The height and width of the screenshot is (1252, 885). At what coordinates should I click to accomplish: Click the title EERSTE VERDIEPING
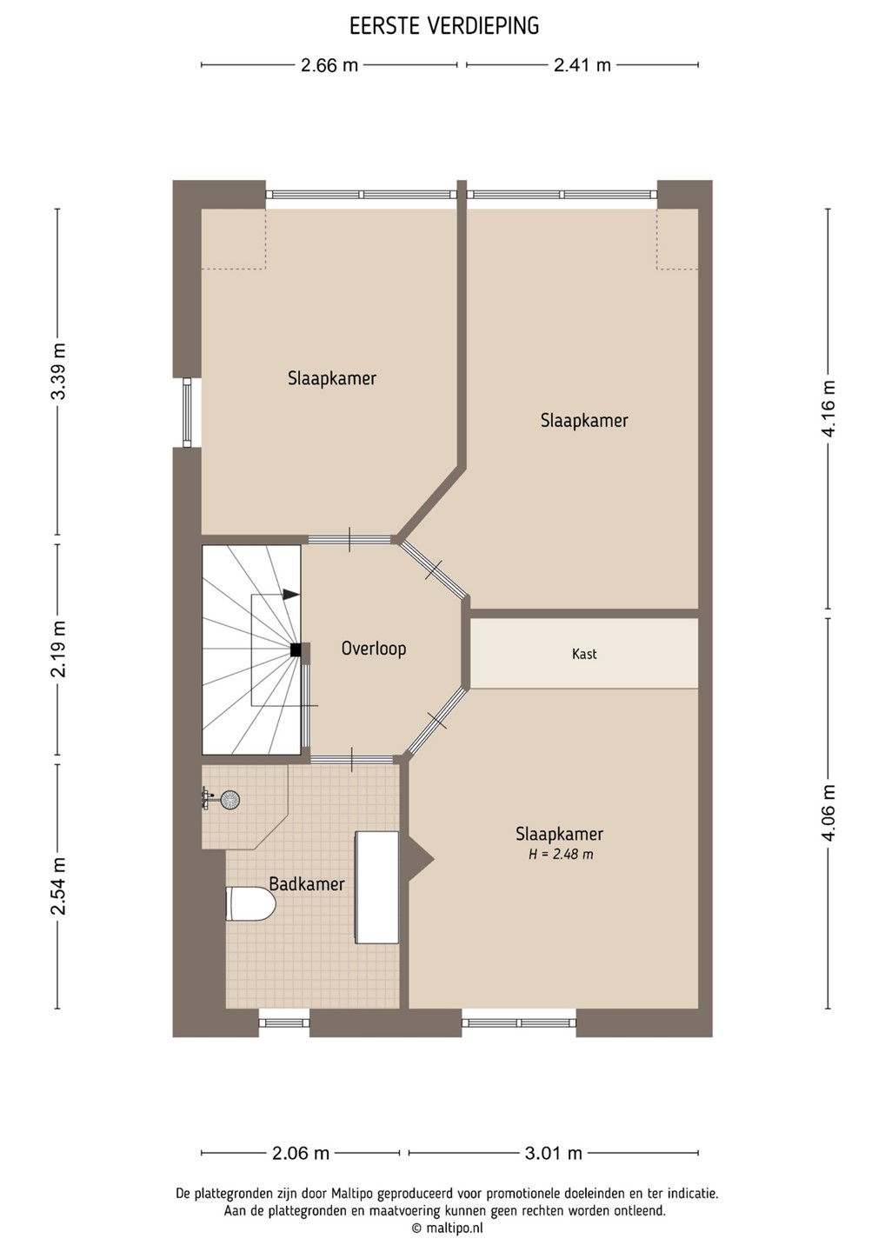(x=444, y=26)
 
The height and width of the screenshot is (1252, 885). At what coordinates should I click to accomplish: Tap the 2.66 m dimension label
(x=329, y=65)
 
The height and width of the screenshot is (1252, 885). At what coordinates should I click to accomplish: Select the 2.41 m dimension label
(x=582, y=65)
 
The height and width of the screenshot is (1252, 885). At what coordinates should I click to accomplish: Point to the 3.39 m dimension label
(x=58, y=371)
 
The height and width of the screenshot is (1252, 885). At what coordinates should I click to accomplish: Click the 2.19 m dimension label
(x=58, y=649)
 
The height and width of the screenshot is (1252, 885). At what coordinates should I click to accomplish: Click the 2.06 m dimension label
(x=301, y=1153)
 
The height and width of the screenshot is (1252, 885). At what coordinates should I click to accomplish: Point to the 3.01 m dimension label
(x=554, y=1153)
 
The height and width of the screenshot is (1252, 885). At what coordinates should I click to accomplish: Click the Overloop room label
(x=374, y=649)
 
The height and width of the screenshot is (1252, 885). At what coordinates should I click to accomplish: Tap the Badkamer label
(x=307, y=883)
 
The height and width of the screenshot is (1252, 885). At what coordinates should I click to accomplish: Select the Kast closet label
(x=584, y=654)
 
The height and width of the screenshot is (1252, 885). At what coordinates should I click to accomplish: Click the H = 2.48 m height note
(x=561, y=854)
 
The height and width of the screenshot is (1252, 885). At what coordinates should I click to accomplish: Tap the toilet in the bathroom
(x=251, y=903)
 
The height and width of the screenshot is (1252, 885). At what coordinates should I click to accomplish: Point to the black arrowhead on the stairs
(x=291, y=595)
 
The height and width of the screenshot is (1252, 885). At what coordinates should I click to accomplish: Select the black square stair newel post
(x=296, y=649)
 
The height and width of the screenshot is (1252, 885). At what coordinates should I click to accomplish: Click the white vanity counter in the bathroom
(x=377, y=887)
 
